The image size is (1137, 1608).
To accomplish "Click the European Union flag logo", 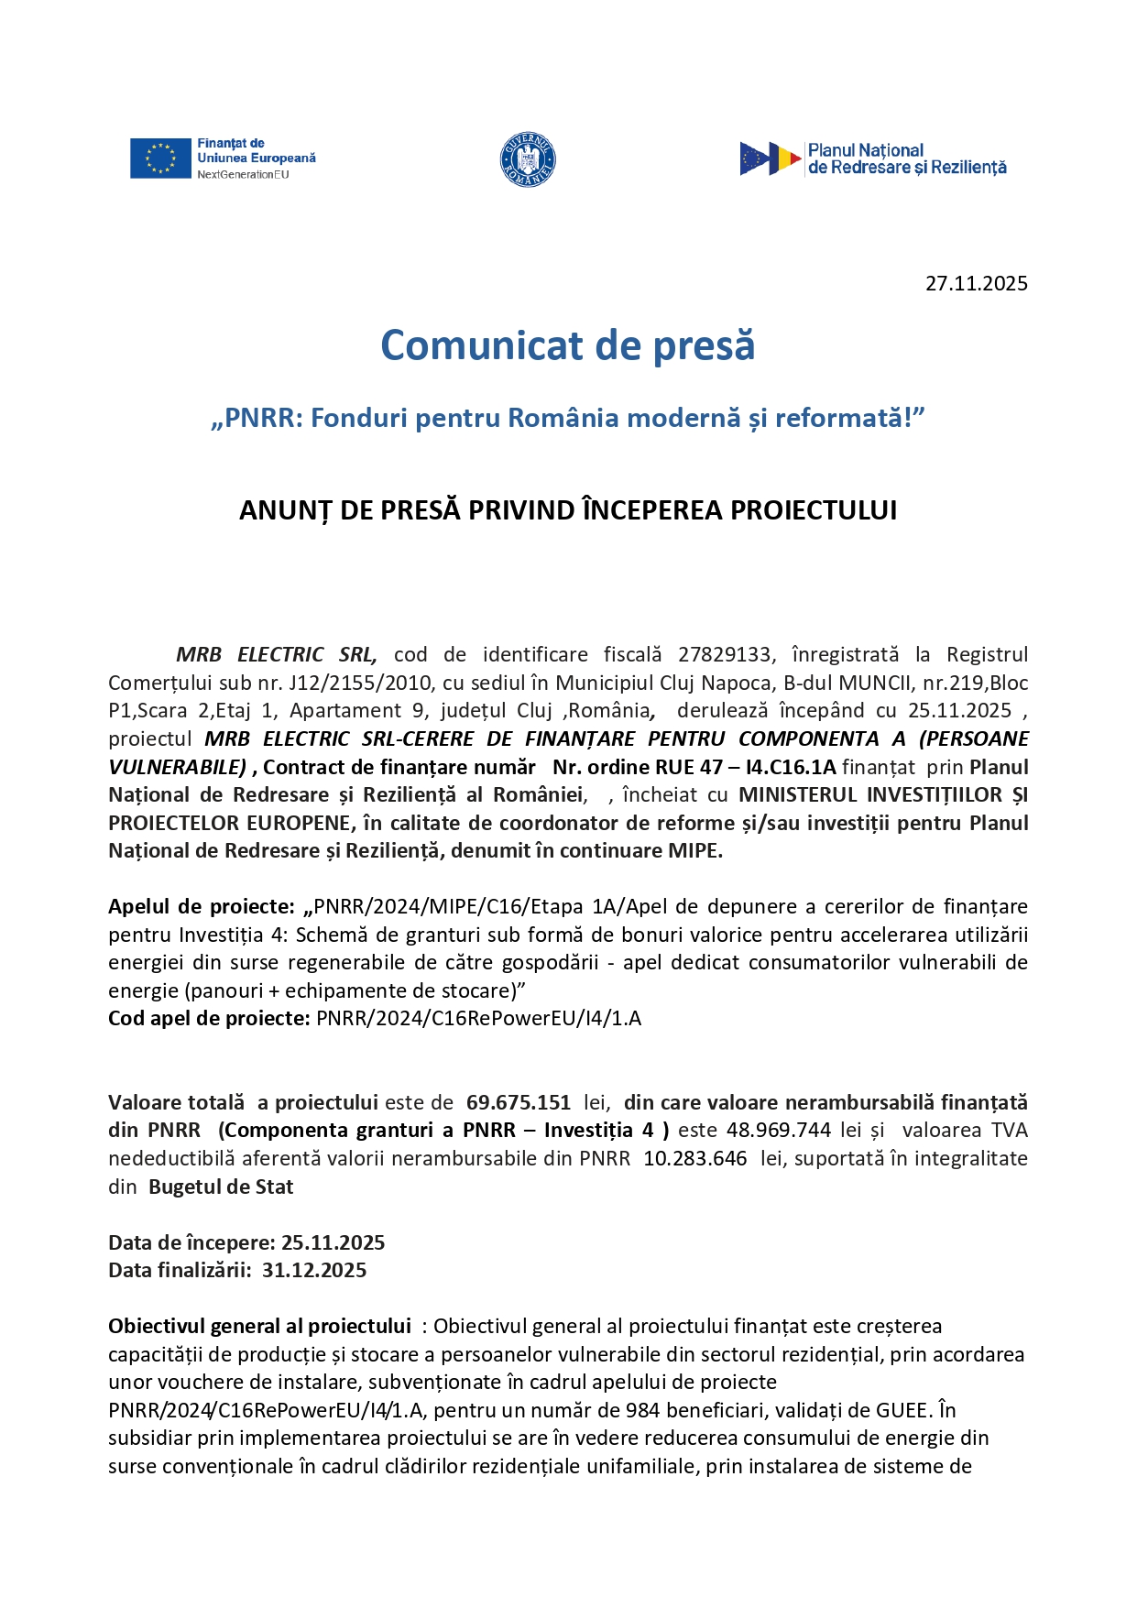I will (159, 159).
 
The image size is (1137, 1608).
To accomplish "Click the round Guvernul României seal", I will (528, 159).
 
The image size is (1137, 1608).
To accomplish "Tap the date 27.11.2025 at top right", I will (976, 283).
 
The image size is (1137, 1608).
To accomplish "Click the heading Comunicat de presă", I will (567, 345).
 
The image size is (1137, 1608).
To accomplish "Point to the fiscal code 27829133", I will (724, 654).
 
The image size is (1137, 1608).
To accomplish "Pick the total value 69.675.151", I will (518, 1102).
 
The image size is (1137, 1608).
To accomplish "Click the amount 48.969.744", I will (778, 1130).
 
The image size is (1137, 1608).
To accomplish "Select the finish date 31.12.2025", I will (313, 1270).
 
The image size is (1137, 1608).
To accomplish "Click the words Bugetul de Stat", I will (221, 1187).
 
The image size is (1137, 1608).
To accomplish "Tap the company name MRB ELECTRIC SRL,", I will (276, 654).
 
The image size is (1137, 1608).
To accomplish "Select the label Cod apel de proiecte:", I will (208, 1018).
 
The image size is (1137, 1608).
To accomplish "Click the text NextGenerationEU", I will (243, 174).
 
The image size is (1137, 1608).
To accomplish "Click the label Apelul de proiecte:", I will (201, 906).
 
